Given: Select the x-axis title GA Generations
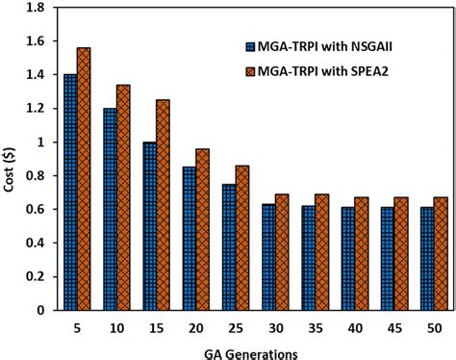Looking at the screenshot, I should coord(253,351).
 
